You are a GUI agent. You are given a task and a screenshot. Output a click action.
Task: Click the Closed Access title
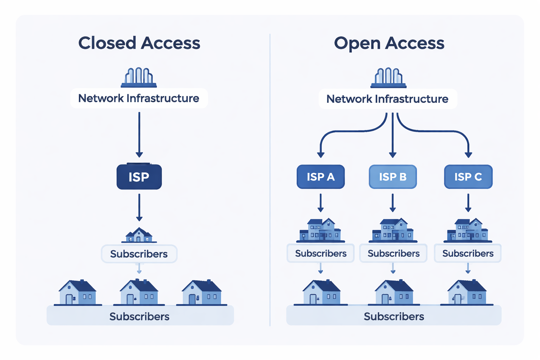[x=139, y=43]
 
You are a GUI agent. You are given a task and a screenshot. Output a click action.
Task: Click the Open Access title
[x=389, y=43]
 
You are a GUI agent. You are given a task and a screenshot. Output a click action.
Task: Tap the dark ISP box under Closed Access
[x=139, y=177]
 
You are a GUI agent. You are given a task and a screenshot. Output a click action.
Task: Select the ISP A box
[x=321, y=177]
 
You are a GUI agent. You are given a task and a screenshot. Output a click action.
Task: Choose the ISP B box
[x=393, y=177]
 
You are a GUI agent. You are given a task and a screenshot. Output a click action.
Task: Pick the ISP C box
[x=468, y=177]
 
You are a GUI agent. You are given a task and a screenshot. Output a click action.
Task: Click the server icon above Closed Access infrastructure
[x=139, y=77]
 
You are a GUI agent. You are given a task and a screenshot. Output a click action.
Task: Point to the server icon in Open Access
[x=388, y=77]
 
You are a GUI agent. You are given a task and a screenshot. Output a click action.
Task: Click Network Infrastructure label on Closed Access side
[x=139, y=98]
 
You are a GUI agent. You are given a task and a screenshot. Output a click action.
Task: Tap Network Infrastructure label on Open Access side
[x=387, y=99]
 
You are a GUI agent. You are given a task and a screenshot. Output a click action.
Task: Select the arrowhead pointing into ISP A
[x=321, y=155]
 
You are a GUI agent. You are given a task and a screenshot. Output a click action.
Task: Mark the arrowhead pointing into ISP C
[x=468, y=155]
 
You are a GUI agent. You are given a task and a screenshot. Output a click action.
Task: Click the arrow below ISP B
[x=393, y=203]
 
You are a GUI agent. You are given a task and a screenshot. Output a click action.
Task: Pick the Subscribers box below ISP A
[x=321, y=253]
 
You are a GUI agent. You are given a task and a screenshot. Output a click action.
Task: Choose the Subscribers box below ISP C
[x=468, y=253]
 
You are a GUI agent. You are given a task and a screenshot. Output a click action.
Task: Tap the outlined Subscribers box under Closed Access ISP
[x=139, y=254]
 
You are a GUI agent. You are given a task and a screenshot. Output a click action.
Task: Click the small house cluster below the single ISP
[x=139, y=235]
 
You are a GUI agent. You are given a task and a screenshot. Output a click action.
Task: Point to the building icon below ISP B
[x=393, y=230]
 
